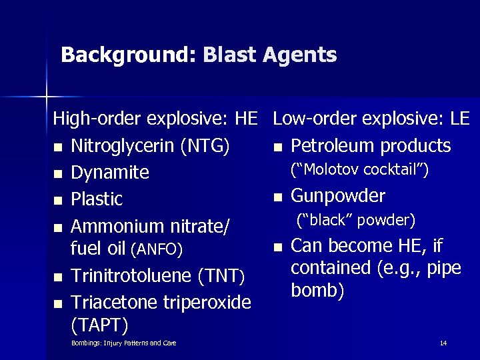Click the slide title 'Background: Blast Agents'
coord(199,55)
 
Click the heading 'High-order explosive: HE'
coord(155,119)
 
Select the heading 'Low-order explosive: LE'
coord(371,119)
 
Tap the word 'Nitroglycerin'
coord(124,146)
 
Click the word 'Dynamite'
coord(110,173)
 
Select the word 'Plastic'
coord(97,199)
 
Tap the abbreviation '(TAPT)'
coord(99,325)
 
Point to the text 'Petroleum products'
coord(371,146)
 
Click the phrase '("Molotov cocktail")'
coord(359,170)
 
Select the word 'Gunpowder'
coord(339,196)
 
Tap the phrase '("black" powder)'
coord(355,219)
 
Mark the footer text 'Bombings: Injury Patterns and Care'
coord(123,343)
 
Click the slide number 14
coord(443,343)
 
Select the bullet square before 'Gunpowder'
coord(280,197)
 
